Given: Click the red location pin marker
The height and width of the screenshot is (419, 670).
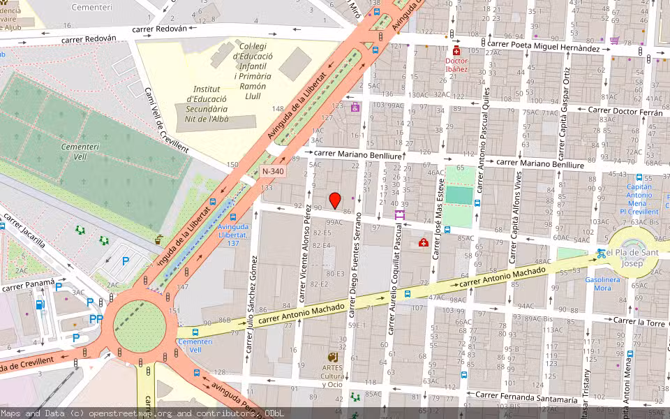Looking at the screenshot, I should (x=335, y=200).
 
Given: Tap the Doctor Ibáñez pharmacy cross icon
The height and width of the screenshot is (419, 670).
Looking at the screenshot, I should (x=457, y=52).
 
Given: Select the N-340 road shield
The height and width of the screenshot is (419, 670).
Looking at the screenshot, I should (x=274, y=171).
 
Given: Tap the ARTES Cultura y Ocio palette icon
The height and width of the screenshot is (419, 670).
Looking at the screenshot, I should (x=333, y=358).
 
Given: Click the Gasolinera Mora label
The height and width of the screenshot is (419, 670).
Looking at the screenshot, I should (x=602, y=284).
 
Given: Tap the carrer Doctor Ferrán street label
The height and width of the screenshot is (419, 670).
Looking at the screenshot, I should (x=625, y=111).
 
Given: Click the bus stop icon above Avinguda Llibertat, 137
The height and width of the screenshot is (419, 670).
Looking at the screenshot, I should (x=232, y=217).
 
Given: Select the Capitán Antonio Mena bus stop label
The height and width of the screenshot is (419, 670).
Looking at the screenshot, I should (x=639, y=199).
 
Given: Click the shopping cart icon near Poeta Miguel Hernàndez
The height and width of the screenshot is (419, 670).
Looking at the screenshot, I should (x=614, y=41).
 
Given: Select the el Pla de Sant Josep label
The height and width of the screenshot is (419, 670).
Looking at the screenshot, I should (x=634, y=258).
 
